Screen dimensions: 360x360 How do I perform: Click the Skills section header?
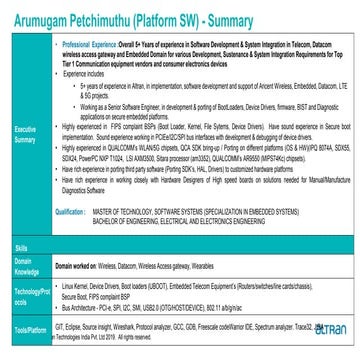21,245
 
